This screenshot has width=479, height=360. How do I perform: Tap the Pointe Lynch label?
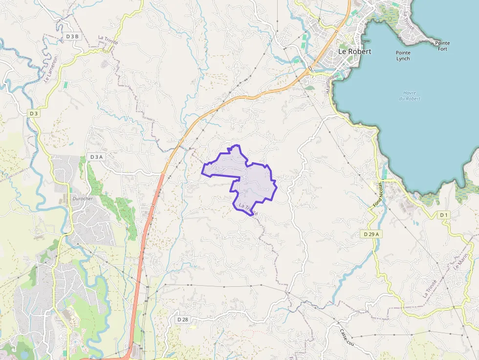tap(403, 56)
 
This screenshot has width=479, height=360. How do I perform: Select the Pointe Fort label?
tap(443, 46)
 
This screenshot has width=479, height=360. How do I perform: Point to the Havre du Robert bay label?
tap(410, 95)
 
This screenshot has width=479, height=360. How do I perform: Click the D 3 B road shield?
tap(72, 37)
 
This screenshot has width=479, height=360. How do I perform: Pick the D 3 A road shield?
tap(96, 157)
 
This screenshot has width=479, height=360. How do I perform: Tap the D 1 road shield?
tap(443, 215)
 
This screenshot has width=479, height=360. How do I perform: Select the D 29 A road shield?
tap(372, 234)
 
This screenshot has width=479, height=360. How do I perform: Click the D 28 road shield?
tap(182, 319)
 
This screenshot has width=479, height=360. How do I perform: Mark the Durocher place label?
tap(79, 199)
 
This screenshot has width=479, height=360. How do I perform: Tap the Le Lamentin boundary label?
tap(51, 68)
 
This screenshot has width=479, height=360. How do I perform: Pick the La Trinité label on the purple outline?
tap(249, 209)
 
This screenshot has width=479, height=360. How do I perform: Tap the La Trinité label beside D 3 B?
tap(109, 40)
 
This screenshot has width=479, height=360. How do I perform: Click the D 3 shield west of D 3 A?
tap(33, 113)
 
